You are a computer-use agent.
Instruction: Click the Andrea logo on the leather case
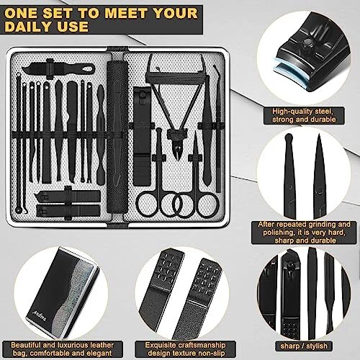tap(38, 315)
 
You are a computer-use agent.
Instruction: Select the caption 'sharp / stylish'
tap(304, 346)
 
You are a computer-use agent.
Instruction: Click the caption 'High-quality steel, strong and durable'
tap(304, 115)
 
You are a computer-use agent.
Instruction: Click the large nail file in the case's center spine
tap(117, 136)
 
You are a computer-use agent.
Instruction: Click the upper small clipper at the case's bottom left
tap(67, 196)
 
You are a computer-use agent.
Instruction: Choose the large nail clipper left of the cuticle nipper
tap(142, 137)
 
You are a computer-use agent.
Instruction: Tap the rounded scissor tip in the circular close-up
tap(288, 139)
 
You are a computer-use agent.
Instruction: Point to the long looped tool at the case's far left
tap(19, 144)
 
